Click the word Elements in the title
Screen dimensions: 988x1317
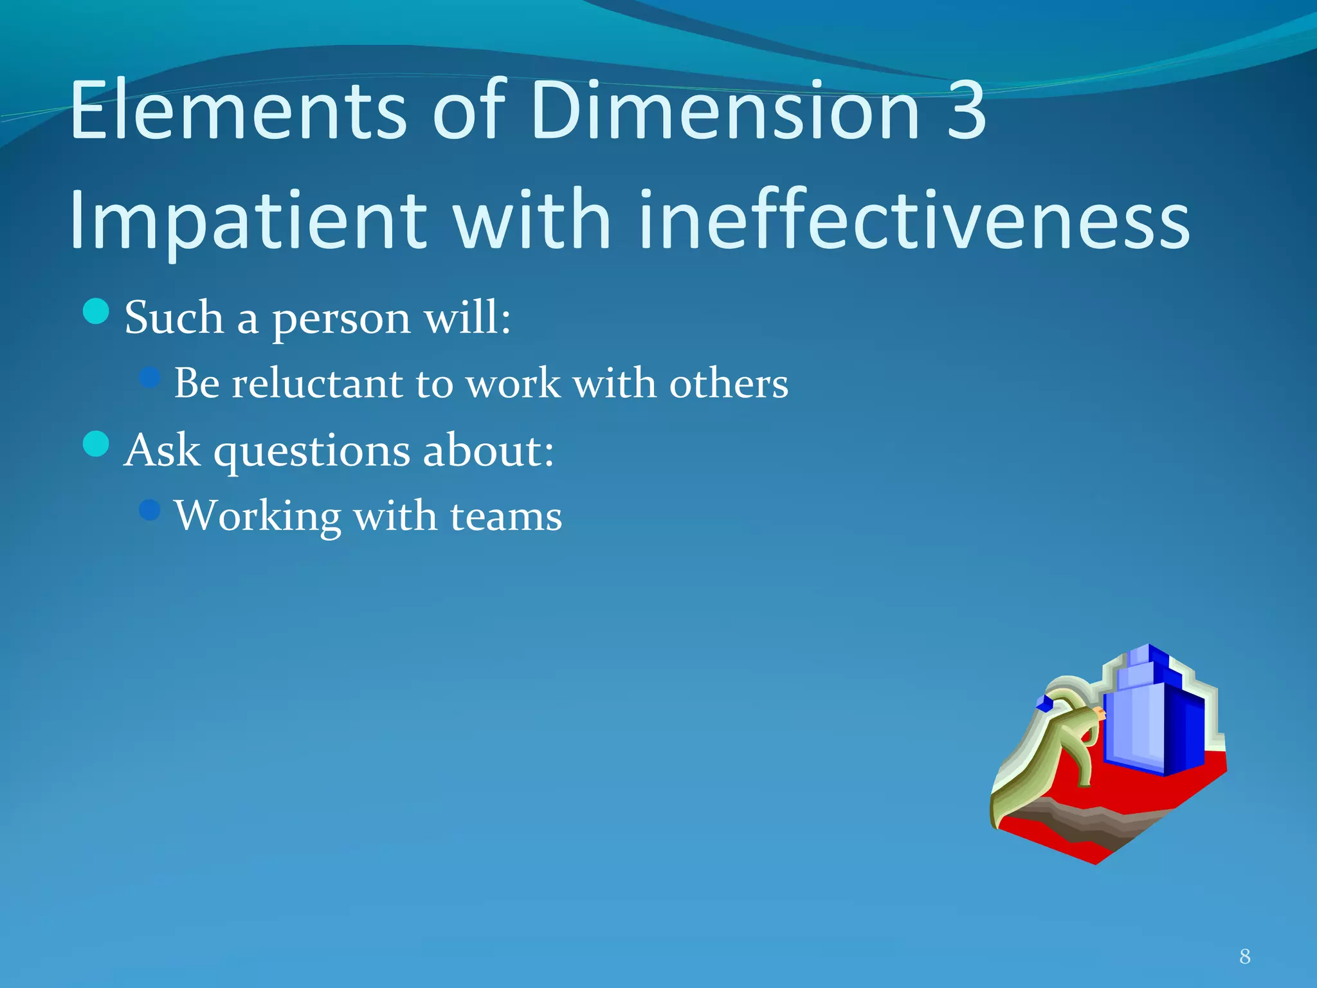(238, 111)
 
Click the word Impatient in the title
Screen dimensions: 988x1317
(248, 220)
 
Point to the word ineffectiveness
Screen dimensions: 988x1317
(913, 220)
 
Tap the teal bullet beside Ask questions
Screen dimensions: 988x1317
(96, 444)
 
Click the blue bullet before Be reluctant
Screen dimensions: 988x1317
(149, 377)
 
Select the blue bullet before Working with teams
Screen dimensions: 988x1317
(149, 510)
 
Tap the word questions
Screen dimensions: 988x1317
(312, 452)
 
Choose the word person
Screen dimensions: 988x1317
(341, 319)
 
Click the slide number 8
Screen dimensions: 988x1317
(1245, 956)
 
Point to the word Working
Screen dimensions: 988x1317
(257, 517)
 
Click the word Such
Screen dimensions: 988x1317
(174, 318)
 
